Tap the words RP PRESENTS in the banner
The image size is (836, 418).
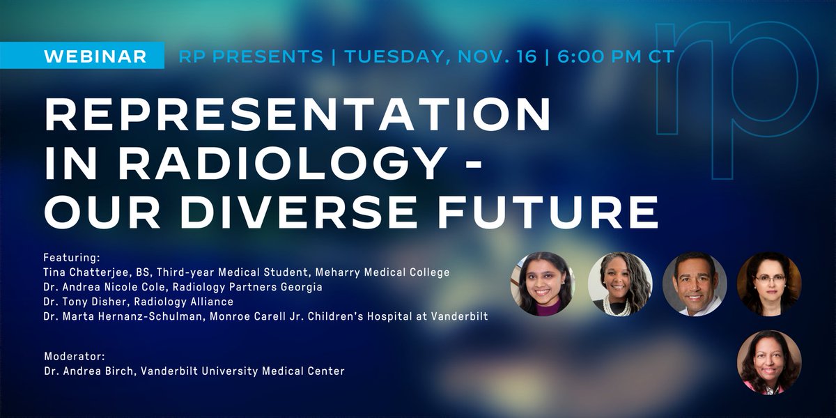pyautogui.click(x=251, y=56)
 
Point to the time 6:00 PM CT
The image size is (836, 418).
pyautogui.click(x=613, y=56)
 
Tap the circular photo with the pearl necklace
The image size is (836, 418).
pyautogui.click(x=619, y=284)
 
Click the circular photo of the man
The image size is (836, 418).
pyautogui.click(x=695, y=284)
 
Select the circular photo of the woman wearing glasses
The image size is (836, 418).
pyautogui.click(x=769, y=284)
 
